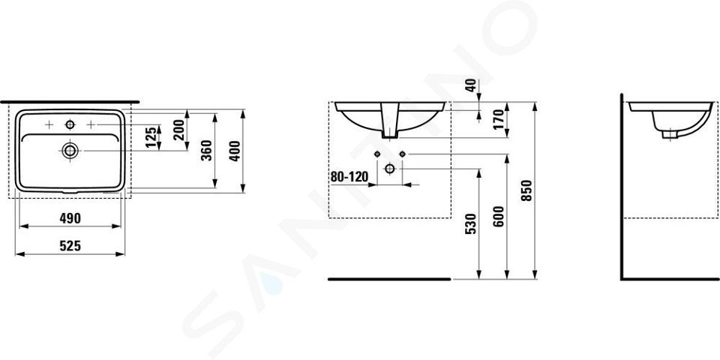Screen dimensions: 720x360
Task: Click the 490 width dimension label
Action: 70,218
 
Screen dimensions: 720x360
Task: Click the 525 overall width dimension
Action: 70,246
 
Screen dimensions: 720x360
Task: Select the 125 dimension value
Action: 150,137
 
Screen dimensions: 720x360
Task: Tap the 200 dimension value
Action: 179,130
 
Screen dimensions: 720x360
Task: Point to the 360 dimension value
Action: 207,150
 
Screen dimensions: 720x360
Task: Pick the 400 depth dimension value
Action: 235,151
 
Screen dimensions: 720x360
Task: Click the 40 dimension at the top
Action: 471,85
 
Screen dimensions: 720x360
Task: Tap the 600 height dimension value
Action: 499,216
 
